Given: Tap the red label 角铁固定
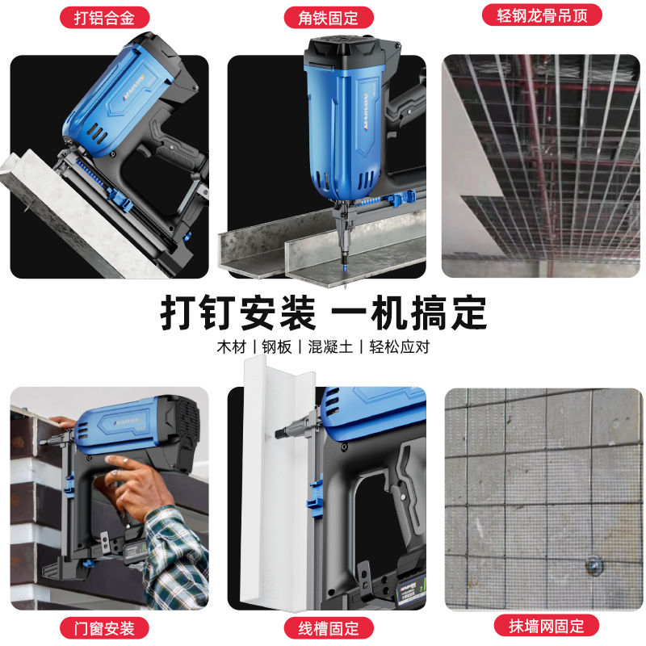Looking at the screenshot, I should click(x=322, y=17).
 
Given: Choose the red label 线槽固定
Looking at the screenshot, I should click(x=323, y=627).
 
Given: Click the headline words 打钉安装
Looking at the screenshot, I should click(x=237, y=311).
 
